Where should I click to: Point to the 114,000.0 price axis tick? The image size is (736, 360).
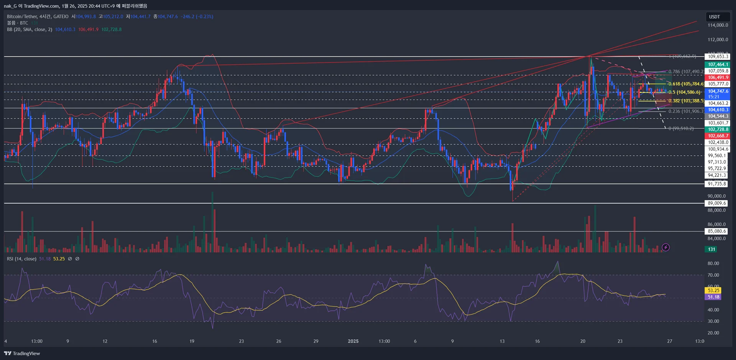click(x=718, y=25)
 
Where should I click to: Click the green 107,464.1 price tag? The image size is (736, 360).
click(x=718, y=65)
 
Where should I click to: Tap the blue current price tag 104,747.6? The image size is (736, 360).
click(x=718, y=91)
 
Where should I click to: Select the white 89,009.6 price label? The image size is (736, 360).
click(x=716, y=203)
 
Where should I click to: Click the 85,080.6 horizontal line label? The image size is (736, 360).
click(x=716, y=231)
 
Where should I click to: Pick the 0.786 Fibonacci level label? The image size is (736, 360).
click(x=686, y=72)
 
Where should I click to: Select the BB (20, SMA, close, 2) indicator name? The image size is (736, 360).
click(x=30, y=30)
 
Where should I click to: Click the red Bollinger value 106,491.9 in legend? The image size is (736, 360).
click(x=88, y=30)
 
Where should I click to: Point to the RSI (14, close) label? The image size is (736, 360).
click(x=21, y=259)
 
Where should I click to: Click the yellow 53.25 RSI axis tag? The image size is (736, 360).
click(x=713, y=291)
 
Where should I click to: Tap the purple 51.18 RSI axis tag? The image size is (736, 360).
click(x=713, y=297)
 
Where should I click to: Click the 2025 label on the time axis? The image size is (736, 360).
click(x=353, y=341)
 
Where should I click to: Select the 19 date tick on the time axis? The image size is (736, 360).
click(x=192, y=341)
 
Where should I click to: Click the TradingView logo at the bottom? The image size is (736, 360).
click(x=22, y=353)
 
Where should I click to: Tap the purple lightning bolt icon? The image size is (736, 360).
click(x=666, y=248)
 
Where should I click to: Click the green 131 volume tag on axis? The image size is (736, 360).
click(x=711, y=249)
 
